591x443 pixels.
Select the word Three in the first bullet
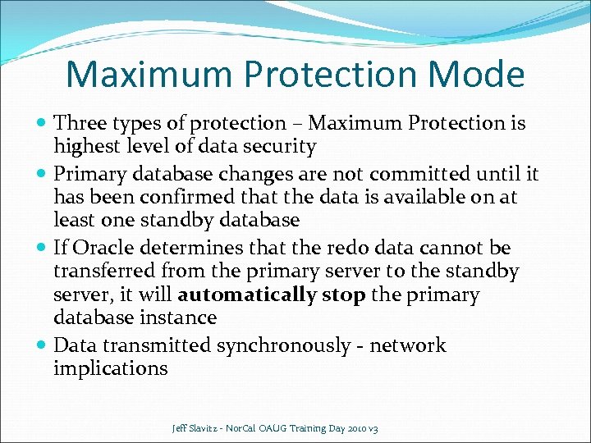79,123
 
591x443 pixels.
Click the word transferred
105,271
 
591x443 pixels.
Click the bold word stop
344,295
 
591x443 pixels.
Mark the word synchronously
283,345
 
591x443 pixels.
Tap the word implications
110,368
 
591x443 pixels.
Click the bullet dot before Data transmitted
42,345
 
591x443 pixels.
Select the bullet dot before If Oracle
42,248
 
